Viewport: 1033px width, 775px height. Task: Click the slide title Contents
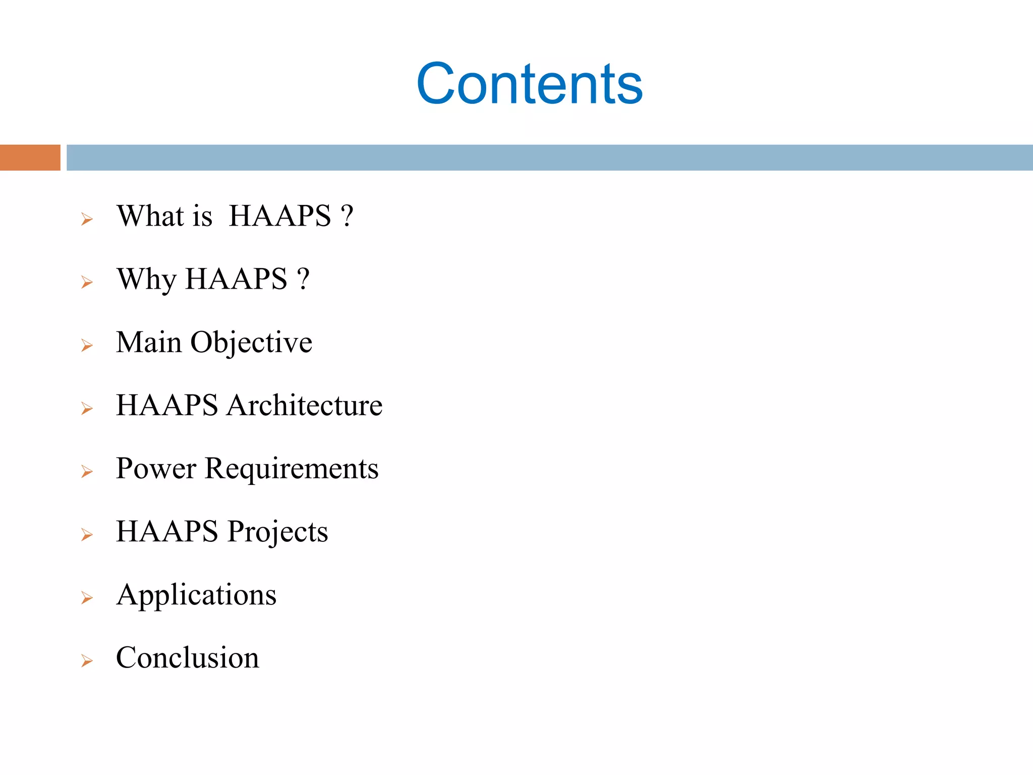529,84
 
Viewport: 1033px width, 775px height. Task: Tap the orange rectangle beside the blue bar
30,157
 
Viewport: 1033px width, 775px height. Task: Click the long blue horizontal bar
549,157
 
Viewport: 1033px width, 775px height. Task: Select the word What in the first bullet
150,216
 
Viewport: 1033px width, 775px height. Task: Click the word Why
146,279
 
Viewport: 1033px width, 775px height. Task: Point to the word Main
148,342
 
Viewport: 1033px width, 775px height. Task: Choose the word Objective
251,343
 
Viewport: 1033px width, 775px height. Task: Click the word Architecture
304,405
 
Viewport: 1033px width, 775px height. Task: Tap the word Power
155,468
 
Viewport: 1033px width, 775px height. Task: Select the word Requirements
291,469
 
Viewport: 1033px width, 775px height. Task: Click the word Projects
277,532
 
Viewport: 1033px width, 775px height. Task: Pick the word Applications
196,595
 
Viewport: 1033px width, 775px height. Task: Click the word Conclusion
187,657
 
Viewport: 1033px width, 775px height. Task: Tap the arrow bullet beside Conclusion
87,661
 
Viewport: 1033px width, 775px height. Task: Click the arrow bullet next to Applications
87,598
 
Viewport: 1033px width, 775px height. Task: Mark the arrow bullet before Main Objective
87,346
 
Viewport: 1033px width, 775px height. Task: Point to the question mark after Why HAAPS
303,279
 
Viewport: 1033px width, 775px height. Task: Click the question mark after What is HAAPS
347,216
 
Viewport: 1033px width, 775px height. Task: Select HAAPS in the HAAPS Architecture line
167,405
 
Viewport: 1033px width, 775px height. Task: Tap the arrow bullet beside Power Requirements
87,472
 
